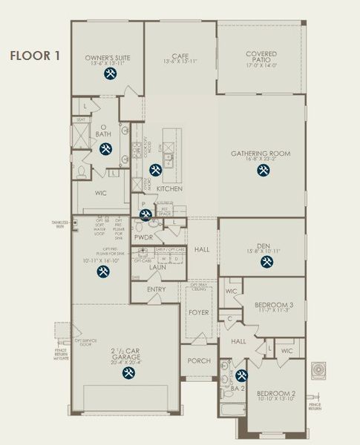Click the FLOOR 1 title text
34,56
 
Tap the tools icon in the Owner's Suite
108,74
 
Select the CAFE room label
180,54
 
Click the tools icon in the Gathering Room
263,171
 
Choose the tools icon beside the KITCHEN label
154,170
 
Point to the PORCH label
199,361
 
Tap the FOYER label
198,312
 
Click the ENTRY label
157,289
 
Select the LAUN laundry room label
157,267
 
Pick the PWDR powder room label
143,238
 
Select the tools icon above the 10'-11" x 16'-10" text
103,271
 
